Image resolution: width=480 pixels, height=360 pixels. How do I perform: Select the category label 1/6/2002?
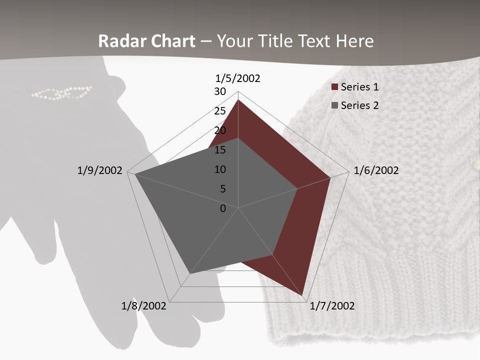(376, 170)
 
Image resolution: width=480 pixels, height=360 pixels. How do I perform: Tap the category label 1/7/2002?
(332, 305)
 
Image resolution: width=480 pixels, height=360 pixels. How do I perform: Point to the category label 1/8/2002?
(144, 305)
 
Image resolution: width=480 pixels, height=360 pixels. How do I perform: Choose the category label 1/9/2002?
(100, 170)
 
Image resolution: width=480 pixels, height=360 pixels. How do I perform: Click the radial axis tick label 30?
(220, 91)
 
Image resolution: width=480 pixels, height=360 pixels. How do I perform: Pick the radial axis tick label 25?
(220, 111)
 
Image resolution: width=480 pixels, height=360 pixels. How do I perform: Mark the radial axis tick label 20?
(220, 130)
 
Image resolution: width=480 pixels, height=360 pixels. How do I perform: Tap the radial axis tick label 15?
(220, 150)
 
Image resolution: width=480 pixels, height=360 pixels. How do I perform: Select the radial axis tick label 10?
(220, 169)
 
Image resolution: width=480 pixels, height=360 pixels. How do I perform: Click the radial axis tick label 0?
(223, 208)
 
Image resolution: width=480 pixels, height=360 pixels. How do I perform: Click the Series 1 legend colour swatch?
(334, 87)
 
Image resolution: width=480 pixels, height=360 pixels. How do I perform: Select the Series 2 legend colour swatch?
(334, 105)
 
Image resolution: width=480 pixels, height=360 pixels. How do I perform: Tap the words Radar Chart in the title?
(146, 41)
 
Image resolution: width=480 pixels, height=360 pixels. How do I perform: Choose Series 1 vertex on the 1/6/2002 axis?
(330, 177)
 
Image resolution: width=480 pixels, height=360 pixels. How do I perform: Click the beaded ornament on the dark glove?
(61, 93)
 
